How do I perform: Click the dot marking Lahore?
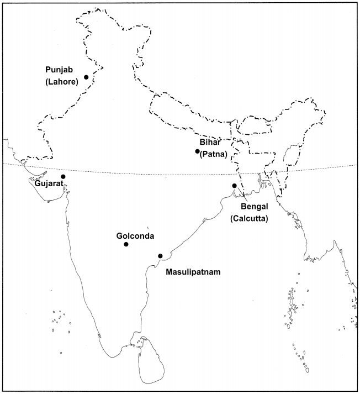pos(86,77)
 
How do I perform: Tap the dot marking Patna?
pos(197,151)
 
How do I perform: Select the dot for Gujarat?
pos(63,176)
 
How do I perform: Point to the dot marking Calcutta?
pos(234,185)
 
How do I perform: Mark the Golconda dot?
pos(126,244)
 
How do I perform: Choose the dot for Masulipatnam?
pos(160,255)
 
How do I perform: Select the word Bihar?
pos(210,143)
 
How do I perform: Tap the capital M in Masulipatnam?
pos(169,272)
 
